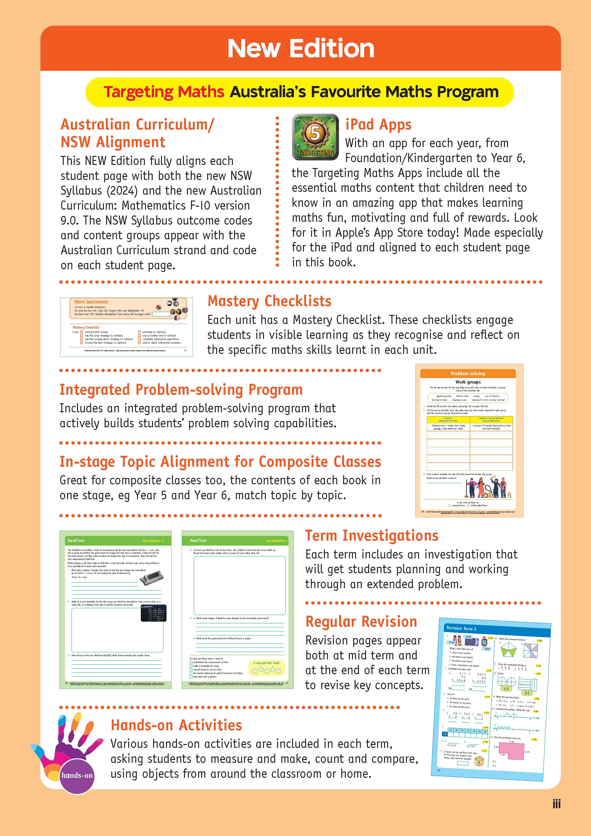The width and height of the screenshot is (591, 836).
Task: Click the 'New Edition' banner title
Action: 301,48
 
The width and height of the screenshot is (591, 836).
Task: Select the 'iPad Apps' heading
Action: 378,125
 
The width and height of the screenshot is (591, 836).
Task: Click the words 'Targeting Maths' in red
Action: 164,92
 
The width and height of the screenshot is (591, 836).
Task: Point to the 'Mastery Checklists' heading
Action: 269,301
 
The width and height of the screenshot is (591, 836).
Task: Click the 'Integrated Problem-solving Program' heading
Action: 181,389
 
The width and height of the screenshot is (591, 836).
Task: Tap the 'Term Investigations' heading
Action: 372,536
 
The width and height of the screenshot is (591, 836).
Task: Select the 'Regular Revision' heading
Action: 361,622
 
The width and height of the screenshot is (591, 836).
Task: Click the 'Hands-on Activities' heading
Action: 176,725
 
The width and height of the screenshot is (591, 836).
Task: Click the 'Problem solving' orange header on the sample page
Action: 468,374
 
